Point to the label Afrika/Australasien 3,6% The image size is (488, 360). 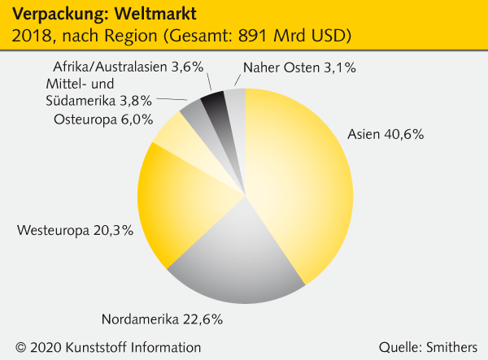click(x=128, y=67)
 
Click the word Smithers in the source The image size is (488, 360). click(x=451, y=347)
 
